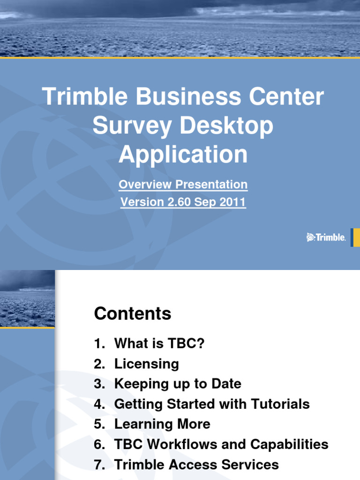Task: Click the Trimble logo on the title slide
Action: click(326, 238)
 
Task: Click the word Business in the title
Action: click(180, 97)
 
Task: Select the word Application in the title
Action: click(183, 154)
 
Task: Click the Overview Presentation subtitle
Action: click(183, 185)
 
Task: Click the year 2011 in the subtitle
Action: click(231, 202)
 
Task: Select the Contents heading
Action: click(133, 314)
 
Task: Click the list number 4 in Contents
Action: click(98, 404)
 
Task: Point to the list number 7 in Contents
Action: click(98, 464)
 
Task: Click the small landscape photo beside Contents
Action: click(27, 298)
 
